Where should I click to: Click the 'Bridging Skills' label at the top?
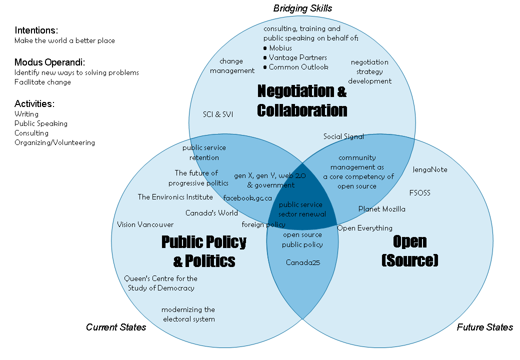(302, 8)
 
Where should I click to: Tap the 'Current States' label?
(116, 327)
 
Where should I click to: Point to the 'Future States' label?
(484, 327)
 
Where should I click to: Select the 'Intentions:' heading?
(36, 30)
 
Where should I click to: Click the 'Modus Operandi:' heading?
(50, 62)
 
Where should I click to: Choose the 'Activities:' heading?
(34, 103)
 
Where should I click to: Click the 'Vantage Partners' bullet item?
(297, 57)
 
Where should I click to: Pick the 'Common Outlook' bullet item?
(298, 67)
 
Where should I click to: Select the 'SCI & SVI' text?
(218, 114)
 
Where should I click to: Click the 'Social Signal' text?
(343, 136)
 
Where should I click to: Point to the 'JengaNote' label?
(430, 169)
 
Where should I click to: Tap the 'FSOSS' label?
(419, 192)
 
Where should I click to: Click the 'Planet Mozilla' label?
(382, 209)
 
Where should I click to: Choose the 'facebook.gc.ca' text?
(247, 197)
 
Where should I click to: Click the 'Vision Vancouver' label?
(145, 224)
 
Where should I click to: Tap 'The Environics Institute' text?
(175, 197)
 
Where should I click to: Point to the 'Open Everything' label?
(365, 228)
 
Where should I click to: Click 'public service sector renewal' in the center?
(302, 209)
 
